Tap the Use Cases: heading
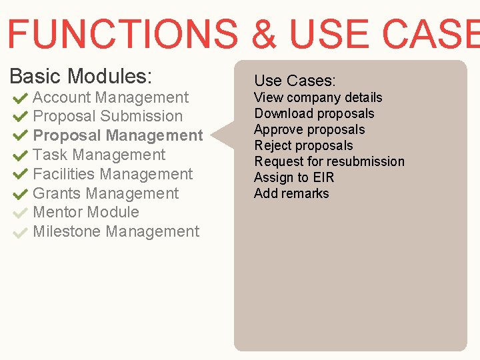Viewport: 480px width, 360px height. (x=295, y=81)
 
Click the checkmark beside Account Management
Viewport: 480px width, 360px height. (x=19, y=98)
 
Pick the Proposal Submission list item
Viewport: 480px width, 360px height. (x=107, y=116)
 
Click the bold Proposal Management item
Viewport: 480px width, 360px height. (x=117, y=135)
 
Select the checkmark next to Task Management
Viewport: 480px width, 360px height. (x=19, y=156)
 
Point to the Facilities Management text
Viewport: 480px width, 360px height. (x=113, y=174)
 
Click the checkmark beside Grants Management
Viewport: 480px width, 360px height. (x=19, y=195)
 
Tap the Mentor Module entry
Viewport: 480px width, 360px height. (x=86, y=212)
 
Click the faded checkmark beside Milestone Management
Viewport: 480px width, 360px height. (x=19, y=233)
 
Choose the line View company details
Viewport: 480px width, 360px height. (x=318, y=97)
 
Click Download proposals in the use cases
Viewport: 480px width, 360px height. (x=314, y=113)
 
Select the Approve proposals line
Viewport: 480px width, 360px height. (x=309, y=129)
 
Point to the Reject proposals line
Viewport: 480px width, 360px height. (x=303, y=145)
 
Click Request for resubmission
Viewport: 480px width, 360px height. (x=329, y=161)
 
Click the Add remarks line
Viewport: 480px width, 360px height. (x=291, y=193)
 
